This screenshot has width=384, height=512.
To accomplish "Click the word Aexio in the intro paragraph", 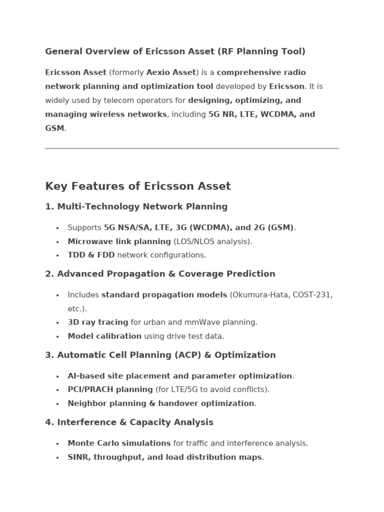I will tap(157, 72).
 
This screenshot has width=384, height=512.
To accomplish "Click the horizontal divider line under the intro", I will tap(191, 148).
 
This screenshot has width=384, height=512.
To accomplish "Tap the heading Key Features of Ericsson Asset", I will tap(138, 186).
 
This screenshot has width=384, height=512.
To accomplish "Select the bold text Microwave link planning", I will tap(119, 241).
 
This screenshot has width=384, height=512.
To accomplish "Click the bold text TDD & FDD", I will tap(91, 255).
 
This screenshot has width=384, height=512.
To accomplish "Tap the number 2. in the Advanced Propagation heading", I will tap(49, 274).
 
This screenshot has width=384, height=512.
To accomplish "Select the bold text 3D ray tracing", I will tap(97, 322).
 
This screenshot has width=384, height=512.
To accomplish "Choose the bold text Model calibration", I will tap(104, 336).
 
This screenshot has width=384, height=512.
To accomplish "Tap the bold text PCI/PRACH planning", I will tap(110, 389).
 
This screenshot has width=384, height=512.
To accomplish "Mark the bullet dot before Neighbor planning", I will tap(57, 404).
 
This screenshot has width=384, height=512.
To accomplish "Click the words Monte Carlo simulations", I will tap(119, 443).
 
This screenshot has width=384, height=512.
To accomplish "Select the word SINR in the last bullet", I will tap(78, 457).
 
